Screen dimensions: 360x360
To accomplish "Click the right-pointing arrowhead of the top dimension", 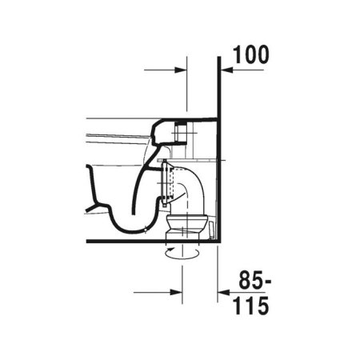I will pyautogui.click(x=181, y=70).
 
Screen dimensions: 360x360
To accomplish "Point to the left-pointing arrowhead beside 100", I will pyautogui.click(x=226, y=70).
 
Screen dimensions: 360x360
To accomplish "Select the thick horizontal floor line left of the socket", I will pyautogui.click(x=120, y=241).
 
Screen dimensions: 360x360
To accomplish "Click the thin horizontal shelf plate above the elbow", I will pyautogui.click(x=192, y=161).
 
